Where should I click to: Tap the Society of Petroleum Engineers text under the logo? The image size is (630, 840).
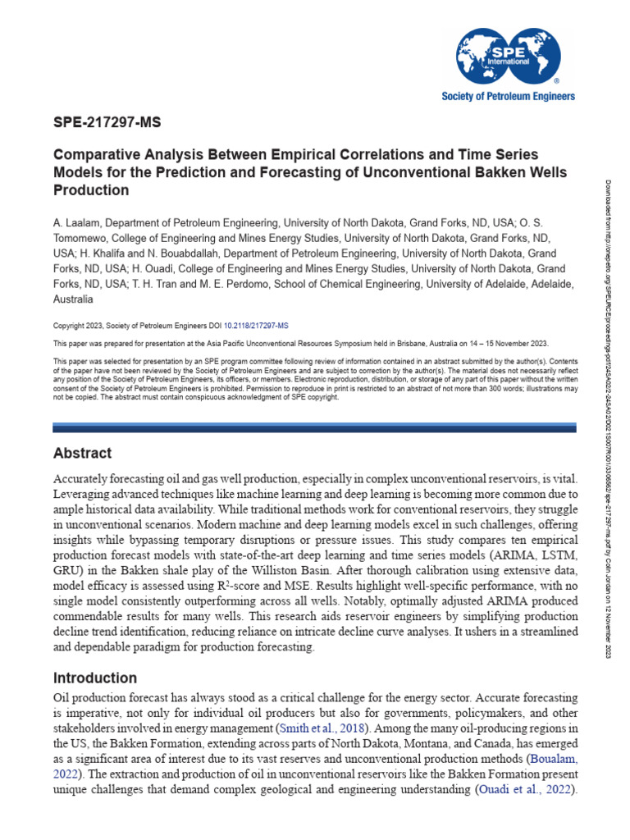pyautogui.click(x=509, y=96)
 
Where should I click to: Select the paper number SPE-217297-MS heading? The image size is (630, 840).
pyautogui.click(x=107, y=125)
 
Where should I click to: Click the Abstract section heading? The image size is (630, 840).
pyautogui.click(x=82, y=453)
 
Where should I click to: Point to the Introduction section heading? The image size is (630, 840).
pyautogui.click(x=94, y=678)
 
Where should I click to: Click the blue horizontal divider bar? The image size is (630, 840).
pyautogui.click(x=315, y=427)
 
